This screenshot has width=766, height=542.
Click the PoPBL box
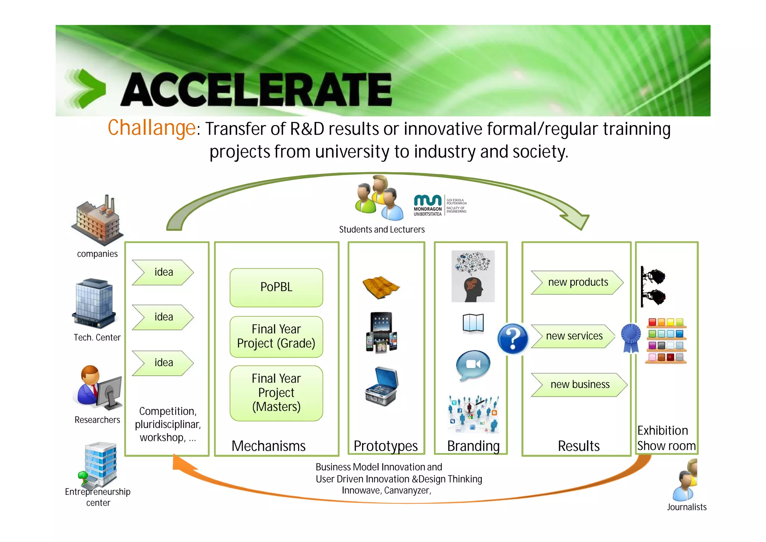pos(276,287)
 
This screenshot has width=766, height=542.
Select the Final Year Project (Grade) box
pos(276,337)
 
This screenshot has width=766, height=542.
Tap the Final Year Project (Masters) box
pos(276,393)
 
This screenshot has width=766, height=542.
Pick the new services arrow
pos(573,336)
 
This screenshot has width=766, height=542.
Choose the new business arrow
pos(579,385)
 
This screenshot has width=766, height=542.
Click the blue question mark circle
pos(513,339)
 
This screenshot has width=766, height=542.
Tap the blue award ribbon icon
pos(631,338)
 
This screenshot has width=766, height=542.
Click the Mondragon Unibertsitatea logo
pos(440,205)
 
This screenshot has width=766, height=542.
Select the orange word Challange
pos(151,128)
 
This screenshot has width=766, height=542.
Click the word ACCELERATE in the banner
pos(256,90)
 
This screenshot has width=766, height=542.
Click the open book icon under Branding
pos(473,323)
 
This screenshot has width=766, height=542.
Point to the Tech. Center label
pos(97,338)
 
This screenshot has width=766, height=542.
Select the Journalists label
pos(686,507)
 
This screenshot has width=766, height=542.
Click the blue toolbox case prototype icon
pos(382,387)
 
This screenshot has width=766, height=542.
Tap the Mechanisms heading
pos(268,446)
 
